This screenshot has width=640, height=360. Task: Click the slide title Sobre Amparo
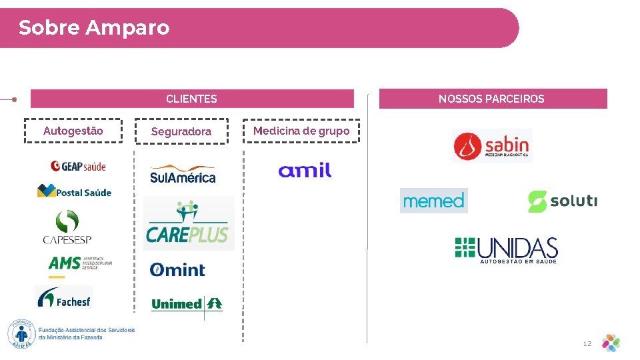point(94,28)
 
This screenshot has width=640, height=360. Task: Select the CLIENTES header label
point(191,99)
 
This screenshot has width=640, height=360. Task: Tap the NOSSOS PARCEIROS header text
point(491,99)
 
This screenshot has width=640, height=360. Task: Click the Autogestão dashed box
point(73,131)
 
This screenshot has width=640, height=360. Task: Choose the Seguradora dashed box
point(181,131)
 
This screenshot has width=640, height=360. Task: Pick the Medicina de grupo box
point(301,131)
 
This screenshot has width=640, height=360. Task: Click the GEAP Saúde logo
point(78,165)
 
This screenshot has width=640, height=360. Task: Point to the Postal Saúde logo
point(74,192)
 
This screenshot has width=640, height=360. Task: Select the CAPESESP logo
point(67,227)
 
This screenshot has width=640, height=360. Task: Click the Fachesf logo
point(64,297)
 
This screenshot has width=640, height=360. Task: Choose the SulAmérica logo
point(183,175)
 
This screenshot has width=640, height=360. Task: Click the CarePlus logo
point(188,223)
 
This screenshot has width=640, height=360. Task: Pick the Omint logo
point(177,269)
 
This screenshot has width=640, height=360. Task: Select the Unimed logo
point(187,304)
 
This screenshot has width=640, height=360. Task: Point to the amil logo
point(305,171)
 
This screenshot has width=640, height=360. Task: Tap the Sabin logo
point(492,146)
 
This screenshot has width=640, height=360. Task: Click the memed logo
point(434,201)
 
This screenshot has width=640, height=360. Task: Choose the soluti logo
point(563,201)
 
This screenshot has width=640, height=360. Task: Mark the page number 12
point(587,343)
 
